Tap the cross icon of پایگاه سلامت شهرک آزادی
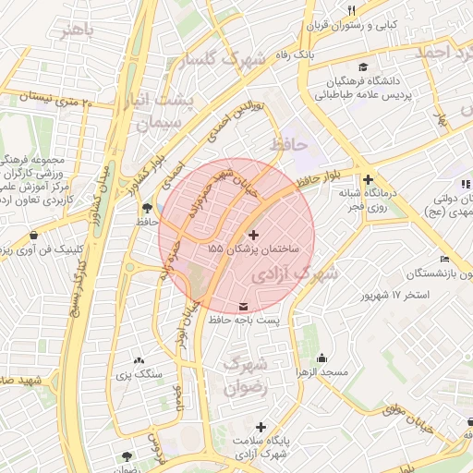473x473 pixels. pos(262,427)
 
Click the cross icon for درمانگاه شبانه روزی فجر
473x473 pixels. pos(369,179)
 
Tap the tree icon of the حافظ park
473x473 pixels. pos(147,207)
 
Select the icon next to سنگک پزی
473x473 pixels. pos(139,359)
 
